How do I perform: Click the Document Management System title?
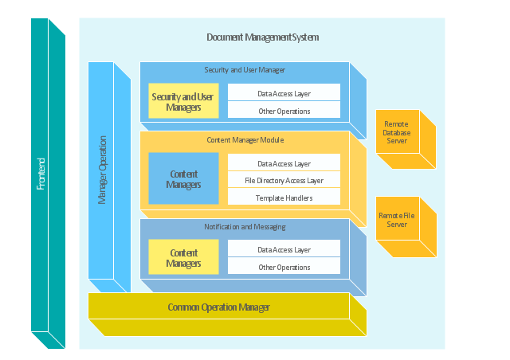pos(262,37)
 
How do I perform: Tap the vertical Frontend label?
pos(41,174)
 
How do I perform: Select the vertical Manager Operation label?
pos(102,170)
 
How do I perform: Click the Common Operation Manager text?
pos(218,307)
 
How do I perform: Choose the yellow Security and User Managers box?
pos(183,101)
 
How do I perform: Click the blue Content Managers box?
pos(183,178)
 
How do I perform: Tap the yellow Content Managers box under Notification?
pos(183,257)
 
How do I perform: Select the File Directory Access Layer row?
pos(284,181)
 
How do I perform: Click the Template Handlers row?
pos(284,198)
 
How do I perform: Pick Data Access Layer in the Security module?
pos(284,93)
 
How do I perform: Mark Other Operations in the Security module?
pos(284,111)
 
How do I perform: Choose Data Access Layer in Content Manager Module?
pos(284,163)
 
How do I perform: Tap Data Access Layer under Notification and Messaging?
pos(284,249)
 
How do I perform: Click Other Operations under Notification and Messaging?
pos(284,267)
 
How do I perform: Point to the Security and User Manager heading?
pos(245,70)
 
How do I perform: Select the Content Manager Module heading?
pos(245,140)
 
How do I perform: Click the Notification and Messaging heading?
pos(245,227)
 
